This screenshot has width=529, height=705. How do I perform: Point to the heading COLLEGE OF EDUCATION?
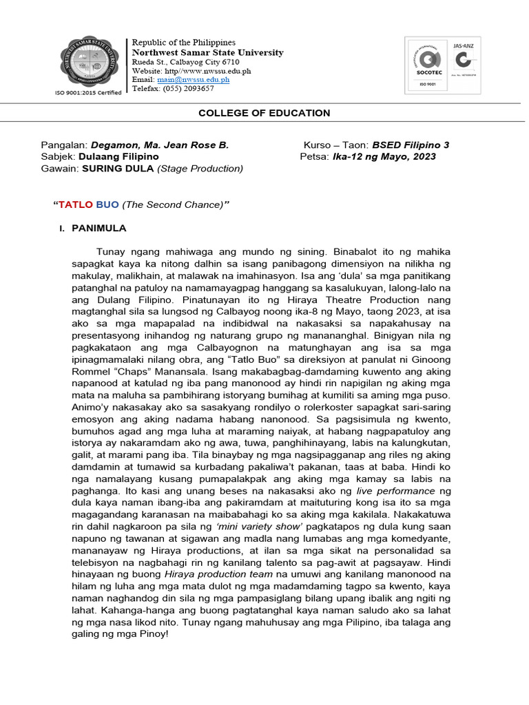(x=264, y=113)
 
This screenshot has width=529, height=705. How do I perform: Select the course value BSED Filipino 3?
(x=411, y=145)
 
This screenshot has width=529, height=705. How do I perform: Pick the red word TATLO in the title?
(x=75, y=204)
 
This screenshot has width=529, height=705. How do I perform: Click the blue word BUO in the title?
(x=107, y=204)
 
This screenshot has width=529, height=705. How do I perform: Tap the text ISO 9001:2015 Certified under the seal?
(x=88, y=92)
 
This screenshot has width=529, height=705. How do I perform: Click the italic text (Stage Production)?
(x=200, y=168)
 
